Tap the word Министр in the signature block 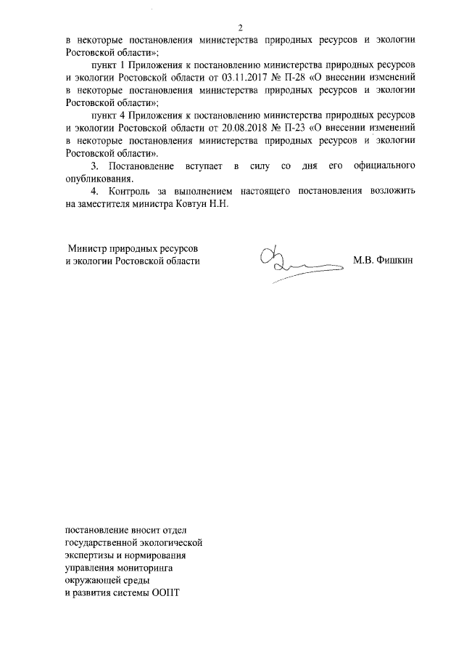(x=88, y=248)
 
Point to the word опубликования (x=98, y=179)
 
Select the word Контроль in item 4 (x=129, y=192)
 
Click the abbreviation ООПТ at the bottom (x=165, y=592)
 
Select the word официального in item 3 (x=384, y=166)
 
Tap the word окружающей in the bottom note (x=92, y=580)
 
